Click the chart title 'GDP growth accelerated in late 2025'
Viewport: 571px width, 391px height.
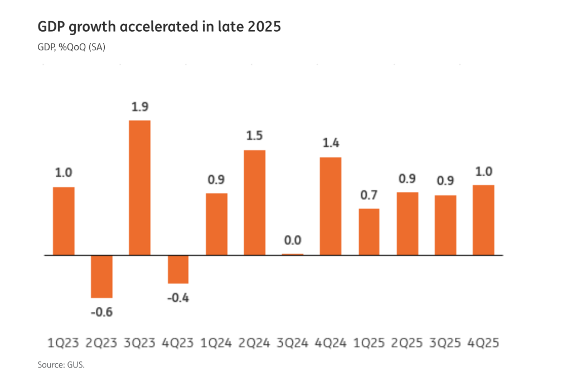(x=159, y=27)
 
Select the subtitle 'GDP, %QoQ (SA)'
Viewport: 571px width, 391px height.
(x=71, y=48)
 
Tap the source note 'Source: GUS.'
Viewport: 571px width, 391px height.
(x=61, y=365)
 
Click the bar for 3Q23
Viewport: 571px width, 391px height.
(x=140, y=187)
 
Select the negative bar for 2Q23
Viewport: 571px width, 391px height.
(x=102, y=276)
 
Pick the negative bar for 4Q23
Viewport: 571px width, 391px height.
(x=178, y=269)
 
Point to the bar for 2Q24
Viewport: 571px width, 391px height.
(x=255, y=202)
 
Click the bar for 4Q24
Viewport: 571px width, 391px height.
(x=331, y=206)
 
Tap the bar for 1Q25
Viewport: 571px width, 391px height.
(x=369, y=231)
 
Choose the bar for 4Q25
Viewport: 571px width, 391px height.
(x=483, y=220)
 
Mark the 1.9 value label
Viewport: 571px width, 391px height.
(x=140, y=107)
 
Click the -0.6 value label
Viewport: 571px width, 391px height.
(x=102, y=312)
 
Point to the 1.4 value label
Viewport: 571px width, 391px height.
(x=331, y=143)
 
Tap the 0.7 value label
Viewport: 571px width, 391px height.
(x=369, y=195)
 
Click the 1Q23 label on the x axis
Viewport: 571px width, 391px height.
(x=64, y=342)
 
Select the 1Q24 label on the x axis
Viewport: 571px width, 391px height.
(x=216, y=342)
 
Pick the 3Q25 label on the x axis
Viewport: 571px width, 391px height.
(x=446, y=342)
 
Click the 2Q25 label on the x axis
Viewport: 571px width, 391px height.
(x=407, y=342)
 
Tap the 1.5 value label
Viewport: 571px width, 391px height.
(x=255, y=136)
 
